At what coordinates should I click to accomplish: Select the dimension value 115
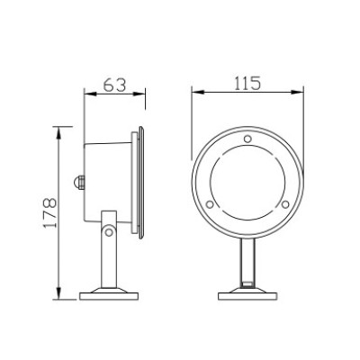(x=247, y=84)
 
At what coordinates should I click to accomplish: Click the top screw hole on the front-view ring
(x=247, y=139)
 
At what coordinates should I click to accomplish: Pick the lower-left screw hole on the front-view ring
(x=210, y=204)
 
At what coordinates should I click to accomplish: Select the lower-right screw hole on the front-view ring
(x=283, y=204)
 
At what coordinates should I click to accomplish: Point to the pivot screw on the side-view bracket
(x=108, y=232)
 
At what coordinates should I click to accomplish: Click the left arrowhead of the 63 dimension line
(x=86, y=94)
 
